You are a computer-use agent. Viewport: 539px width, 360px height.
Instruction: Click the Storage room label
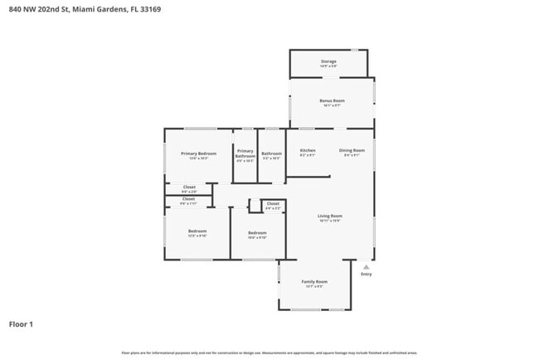[x=329, y=61]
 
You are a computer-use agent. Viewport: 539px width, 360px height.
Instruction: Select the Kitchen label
[x=307, y=150]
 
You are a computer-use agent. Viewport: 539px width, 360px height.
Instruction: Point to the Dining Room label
[x=351, y=150]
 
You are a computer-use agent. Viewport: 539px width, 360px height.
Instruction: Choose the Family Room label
[x=313, y=281]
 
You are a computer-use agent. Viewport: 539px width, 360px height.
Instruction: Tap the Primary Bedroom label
[x=199, y=153]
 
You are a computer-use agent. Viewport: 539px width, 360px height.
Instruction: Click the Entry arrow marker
[x=366, y=266]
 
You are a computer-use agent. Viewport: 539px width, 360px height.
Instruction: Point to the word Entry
[x=366, y=275]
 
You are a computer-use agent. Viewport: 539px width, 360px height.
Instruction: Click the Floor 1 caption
[x=21, y=324]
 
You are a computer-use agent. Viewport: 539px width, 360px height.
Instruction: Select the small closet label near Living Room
[x=273, y=203]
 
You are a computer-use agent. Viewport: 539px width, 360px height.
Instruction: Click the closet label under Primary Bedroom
[x=188, y=187]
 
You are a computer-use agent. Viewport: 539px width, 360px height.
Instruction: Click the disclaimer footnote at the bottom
[x=269, y=353]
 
